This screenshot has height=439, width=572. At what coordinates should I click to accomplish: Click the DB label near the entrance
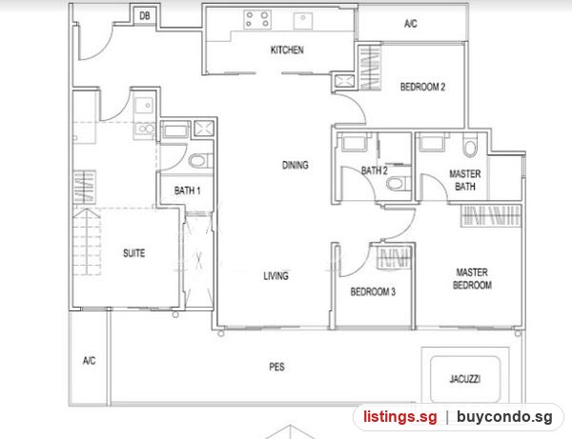(x=145, y=15)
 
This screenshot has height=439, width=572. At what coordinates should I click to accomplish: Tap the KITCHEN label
(x=287, y=50)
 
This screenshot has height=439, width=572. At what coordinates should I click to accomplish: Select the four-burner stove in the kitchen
(x=257, y=19)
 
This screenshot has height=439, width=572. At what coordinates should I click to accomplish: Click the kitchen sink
(x=303, y=21)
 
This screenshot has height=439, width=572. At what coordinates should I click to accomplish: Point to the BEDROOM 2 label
(x=422, y=87)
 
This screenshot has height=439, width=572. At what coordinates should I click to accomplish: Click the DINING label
(x=296, y=165)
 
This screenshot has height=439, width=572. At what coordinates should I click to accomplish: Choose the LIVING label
(x=276, y=276)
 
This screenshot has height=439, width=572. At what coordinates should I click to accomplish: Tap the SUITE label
(x=133, y=253)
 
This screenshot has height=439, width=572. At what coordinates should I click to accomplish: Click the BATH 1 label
(x=187, y=190)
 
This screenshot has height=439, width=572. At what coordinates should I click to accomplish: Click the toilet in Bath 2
(x=398, y=183)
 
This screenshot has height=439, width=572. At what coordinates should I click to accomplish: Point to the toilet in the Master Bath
(x=470, y=145)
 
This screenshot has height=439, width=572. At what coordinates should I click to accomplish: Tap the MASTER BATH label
(x=465, y=180)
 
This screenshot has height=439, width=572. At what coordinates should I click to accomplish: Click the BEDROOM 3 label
(x=373, y=291)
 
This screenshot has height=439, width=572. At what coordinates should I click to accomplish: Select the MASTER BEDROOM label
(x=473, y=278)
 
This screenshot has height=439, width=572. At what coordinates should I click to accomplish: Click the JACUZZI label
(x=465, y=379)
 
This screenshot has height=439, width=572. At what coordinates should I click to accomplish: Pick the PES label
(x=276, y=367)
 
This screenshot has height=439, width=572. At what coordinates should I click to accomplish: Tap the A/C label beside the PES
(x=89, y=360)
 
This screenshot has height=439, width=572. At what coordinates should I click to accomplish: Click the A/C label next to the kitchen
(x=410, y=23)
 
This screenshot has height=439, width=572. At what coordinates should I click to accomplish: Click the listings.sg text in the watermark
(x=399, y=417)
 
